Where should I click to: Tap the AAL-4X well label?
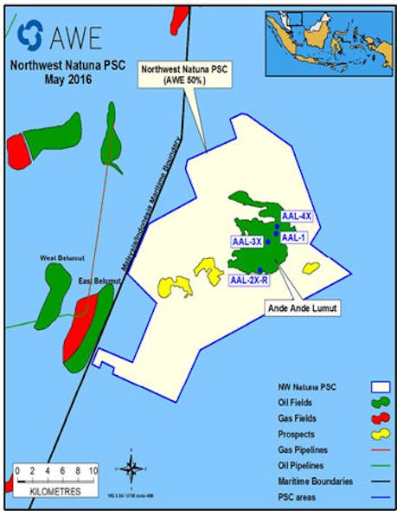[x=296, y=216]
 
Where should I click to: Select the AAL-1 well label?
[x=294, y=236]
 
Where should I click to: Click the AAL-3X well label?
[x=247, y=242]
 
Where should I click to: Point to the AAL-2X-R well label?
[x=249, y=280]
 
